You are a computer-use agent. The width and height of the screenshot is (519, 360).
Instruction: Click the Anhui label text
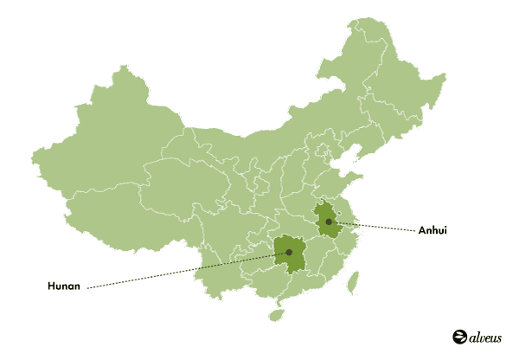coord(432,230)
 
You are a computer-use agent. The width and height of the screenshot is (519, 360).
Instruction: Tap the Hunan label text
coord(64,286)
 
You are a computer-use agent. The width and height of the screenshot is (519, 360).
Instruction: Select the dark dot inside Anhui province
coord(329,222)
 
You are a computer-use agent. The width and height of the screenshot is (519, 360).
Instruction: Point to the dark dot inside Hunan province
coord(289,253)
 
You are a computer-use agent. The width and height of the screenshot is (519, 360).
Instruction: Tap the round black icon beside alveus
coord(458,336)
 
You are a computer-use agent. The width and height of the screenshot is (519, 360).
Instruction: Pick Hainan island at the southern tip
coord(276,314)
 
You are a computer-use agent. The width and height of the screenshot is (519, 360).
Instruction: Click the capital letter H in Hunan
coord(50,286)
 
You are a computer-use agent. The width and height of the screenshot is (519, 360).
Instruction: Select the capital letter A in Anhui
coord(422,230)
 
